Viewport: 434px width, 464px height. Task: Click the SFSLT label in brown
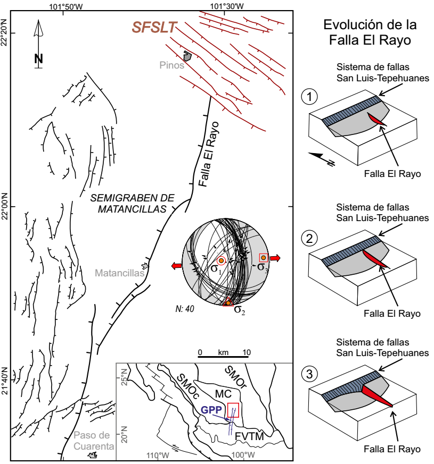pyautogui.click(x=154, y=27)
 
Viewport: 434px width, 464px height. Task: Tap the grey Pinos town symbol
pyautogui.click(x=187, y=56)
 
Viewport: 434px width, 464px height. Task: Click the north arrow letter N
pyautogui.click(x=38, y=59)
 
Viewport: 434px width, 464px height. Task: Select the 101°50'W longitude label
pyautogui.click(x=66, y=6)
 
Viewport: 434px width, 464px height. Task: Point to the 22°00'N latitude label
pyautogui.click(x=4, y=206)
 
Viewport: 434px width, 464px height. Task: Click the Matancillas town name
pyautogui.click(x=119, y=273)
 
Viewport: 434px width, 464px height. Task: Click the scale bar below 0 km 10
pyautogui.click(x=223, y=357)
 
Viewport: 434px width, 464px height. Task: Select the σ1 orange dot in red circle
pyautogui.click(x=221, y=261)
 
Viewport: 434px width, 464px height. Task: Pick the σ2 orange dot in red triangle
pyautogui.click(x=228, y=303)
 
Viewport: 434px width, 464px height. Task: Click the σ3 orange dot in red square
pyautogui.click(x=263, y=258)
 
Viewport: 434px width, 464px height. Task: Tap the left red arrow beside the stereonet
pyautogui.click(x=177, y=266)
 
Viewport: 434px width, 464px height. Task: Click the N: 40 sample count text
pyautogui.click(x=185, y=309)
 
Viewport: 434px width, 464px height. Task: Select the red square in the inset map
pyautogui.click(x=233, y=410)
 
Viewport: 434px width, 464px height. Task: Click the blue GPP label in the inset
pyautogui.click(x=211, y=410)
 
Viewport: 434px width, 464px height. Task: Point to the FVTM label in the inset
pyautogui.click(x=249, y=436)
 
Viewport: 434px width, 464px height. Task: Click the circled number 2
pyautogui.click(x=309, y=239)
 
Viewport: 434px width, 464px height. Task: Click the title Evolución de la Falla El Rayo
pyautogui.click(x=370, y=32)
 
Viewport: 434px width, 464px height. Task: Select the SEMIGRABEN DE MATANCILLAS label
pyautogui.click(x=132, y=203)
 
